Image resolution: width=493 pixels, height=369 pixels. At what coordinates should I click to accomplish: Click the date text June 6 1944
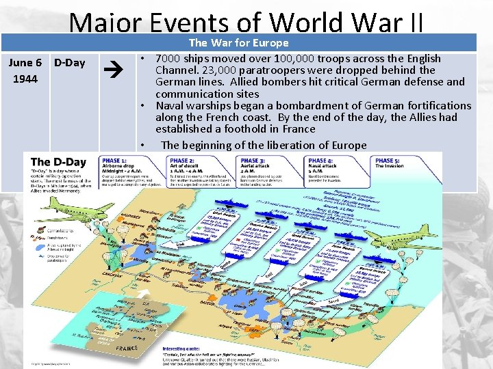(24, 71)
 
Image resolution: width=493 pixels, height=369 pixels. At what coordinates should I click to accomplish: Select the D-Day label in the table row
(69, 63)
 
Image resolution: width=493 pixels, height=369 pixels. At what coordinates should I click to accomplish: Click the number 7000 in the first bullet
(169, 58)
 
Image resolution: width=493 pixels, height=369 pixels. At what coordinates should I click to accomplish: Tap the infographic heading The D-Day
(60, 163)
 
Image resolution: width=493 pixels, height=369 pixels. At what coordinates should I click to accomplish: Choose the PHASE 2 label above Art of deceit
(181, 160)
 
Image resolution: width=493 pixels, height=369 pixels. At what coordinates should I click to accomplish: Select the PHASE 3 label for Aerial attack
(254, 160)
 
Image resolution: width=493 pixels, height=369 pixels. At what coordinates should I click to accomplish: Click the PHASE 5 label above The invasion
(388, 160)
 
